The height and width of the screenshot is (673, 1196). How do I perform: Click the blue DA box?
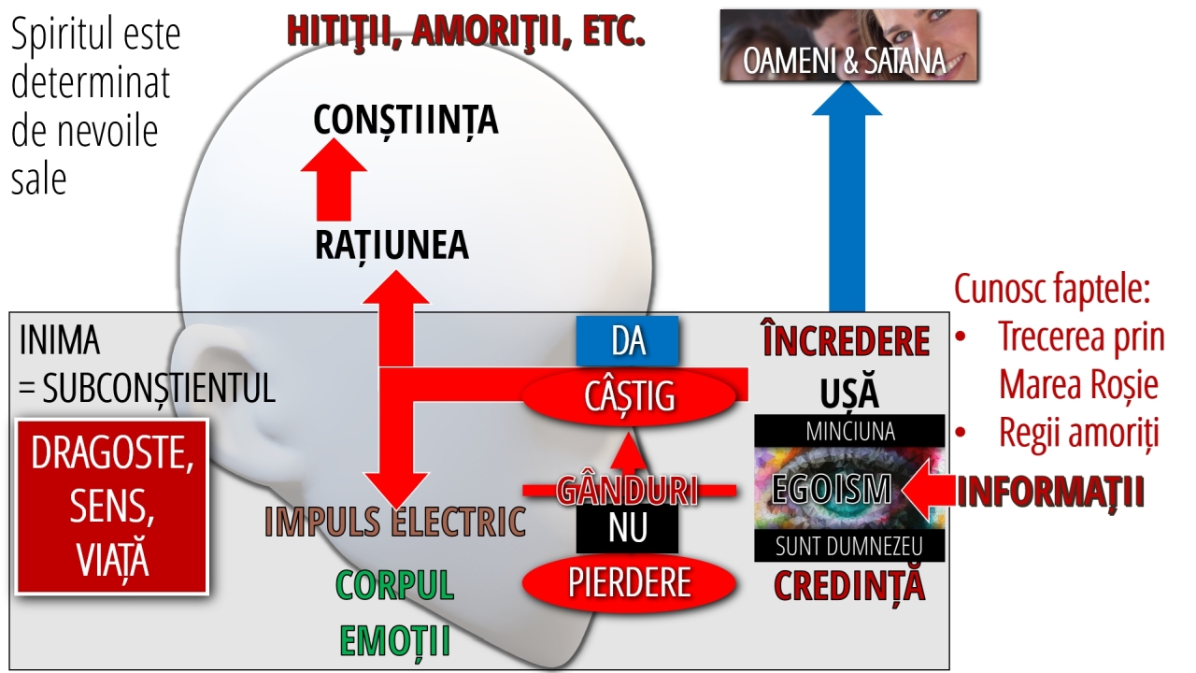click(x=627, y=341)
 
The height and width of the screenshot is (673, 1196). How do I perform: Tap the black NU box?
click(x=627, y=528)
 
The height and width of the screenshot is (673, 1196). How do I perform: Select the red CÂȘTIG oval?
click(x=629, y=396)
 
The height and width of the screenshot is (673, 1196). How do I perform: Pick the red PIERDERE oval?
click(x=629, y=582)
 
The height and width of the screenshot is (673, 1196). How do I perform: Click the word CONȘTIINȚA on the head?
click(x=406, y=121)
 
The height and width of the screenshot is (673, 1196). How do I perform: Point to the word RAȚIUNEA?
click(x=392, y=246)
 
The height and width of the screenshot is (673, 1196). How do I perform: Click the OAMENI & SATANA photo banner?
click(x=849, y=45)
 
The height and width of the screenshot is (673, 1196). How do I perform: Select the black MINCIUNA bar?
click(x=849, y=431)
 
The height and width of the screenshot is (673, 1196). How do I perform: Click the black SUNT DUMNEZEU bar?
click(x=849, y=545)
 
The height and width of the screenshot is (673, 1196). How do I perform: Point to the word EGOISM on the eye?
click(x=832, y=489)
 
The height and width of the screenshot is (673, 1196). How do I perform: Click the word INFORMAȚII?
click(x=1051, y=493)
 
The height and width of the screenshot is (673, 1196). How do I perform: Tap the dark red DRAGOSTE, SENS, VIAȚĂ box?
click(x=112, y=507)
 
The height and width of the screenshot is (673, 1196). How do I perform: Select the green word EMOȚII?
click(x=395, y=641)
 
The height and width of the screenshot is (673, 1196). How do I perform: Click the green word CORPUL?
click(x=395, y=585)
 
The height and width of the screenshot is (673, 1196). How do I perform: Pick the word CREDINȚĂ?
click(x=849, y=586)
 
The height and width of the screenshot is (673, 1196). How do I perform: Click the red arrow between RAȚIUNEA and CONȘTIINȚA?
click(x=334, y=179)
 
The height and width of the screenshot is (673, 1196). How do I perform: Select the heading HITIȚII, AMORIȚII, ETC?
click(x=465, y=31)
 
